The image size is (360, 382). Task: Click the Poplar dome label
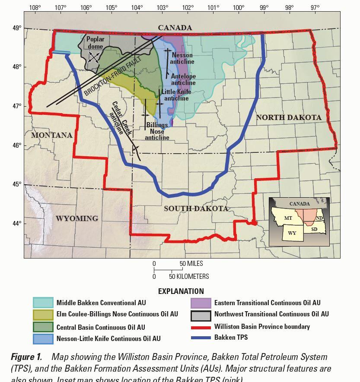[95, 43]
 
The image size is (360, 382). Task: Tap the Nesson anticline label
[182, 58]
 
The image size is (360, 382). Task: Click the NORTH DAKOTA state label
[288, 117]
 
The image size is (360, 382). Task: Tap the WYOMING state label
[76, 218]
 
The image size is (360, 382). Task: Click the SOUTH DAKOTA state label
[196, 208]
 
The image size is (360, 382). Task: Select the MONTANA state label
[51, 135]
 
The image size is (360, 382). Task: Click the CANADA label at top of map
[175, 28]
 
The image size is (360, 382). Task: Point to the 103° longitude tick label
[162, 7]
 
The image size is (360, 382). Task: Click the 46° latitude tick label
[17, 145]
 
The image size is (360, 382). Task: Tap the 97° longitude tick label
[315, 7]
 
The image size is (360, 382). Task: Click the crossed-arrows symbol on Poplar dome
[94, 57]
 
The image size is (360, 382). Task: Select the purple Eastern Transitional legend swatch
[201, 303]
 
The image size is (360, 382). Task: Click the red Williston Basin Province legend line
[201, 327]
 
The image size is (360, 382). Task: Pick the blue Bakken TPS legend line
[201, 338]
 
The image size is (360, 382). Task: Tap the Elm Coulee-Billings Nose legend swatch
[43, 314]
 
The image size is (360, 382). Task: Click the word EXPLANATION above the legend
[181, 291]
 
